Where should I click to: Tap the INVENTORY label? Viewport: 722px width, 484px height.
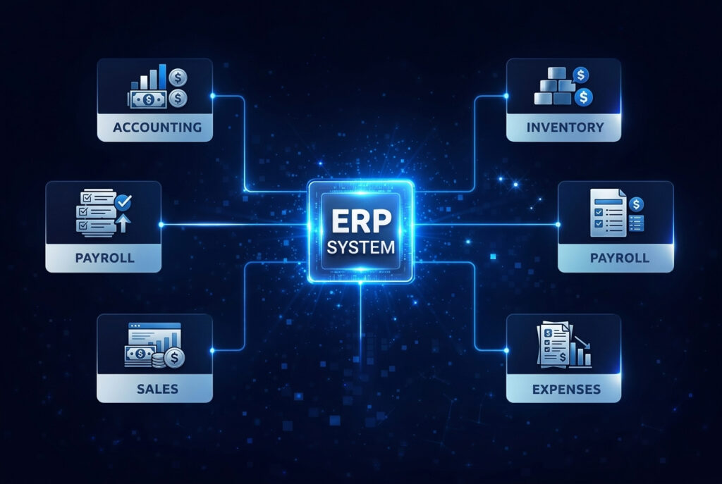point(564,128)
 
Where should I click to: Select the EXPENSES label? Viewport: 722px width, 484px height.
point(564,388)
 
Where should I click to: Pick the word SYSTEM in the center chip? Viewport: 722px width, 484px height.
point(361,249)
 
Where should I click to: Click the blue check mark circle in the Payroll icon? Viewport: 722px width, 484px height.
point(123,202)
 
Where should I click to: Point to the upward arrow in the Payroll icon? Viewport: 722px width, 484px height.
point(124,222)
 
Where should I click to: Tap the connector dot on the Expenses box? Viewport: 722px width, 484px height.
point(507,349)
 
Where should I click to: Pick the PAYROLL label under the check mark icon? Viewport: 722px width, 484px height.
point(104,258)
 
